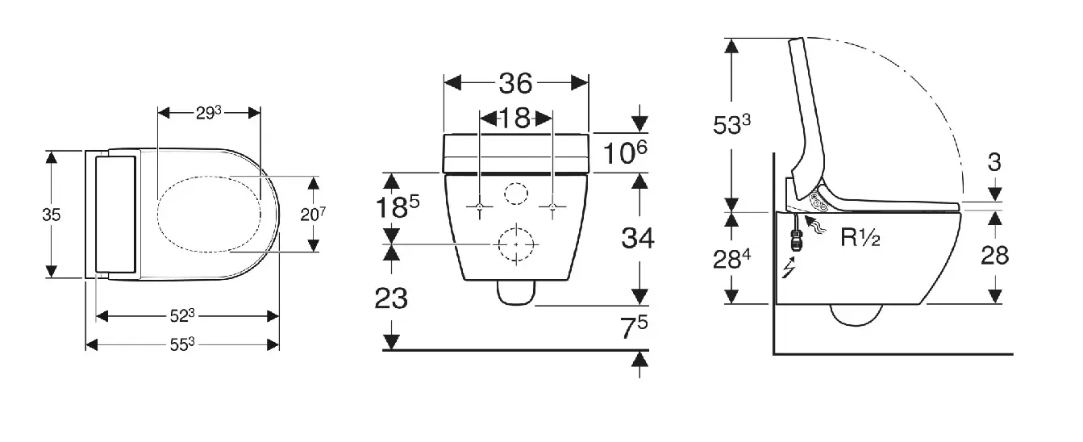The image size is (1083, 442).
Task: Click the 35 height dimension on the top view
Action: coord(51,215)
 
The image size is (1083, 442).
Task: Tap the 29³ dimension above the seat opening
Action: coord(208,113)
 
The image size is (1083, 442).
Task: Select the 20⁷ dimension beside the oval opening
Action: coord(314,214)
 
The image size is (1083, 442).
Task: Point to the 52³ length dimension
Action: coord(184,315)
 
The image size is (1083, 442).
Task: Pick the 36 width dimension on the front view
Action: coord(516,83)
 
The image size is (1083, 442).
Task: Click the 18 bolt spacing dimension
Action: coord(516,118)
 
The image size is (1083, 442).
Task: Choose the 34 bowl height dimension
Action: coord(638,238)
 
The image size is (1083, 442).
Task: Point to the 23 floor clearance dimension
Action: coord(391,298)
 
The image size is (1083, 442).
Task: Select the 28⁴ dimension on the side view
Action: coord(733,258)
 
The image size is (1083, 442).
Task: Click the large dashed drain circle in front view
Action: coord(515,244)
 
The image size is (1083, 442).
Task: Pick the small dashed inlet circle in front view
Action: coord(515,194)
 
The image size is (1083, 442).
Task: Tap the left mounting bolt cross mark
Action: coord(480,208)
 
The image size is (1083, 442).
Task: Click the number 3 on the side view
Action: coord(994,162)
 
